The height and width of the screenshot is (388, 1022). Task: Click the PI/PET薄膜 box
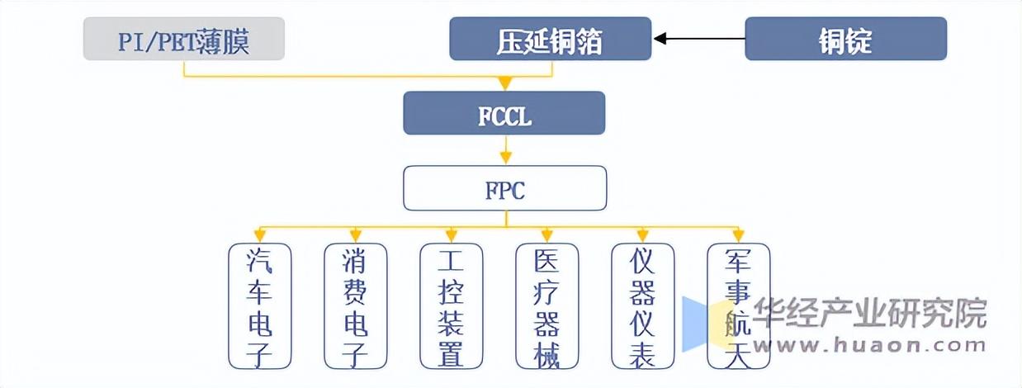(184, 39)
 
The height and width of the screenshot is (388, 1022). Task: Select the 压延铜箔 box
(551, 39)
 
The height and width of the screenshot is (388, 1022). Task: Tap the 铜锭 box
(846, 39)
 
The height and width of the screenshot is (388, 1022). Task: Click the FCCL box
(504, 113)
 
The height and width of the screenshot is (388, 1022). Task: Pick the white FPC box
(505, 188)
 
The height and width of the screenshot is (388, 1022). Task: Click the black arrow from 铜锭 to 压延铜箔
(699, 39)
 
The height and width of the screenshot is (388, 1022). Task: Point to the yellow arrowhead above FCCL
(504, 83)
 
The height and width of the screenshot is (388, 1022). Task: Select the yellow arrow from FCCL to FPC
(505, 149)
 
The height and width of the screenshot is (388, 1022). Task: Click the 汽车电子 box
(259, 305)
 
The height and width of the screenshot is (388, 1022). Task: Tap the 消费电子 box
(356, 305)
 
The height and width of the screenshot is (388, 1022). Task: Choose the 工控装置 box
(452, 305)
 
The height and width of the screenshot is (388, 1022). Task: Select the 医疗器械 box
(547, 305)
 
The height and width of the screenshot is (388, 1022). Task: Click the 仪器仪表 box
(643, 305)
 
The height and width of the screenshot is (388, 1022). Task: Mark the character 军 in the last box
(738, 260)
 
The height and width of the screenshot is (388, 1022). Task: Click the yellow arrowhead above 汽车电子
(259, 235)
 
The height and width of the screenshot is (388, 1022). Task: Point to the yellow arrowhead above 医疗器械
(547, 235)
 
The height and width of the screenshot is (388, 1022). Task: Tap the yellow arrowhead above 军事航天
(739, 235)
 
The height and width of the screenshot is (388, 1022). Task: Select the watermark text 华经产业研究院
(869, 313)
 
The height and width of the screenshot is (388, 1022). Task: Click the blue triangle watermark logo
(698, 324)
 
